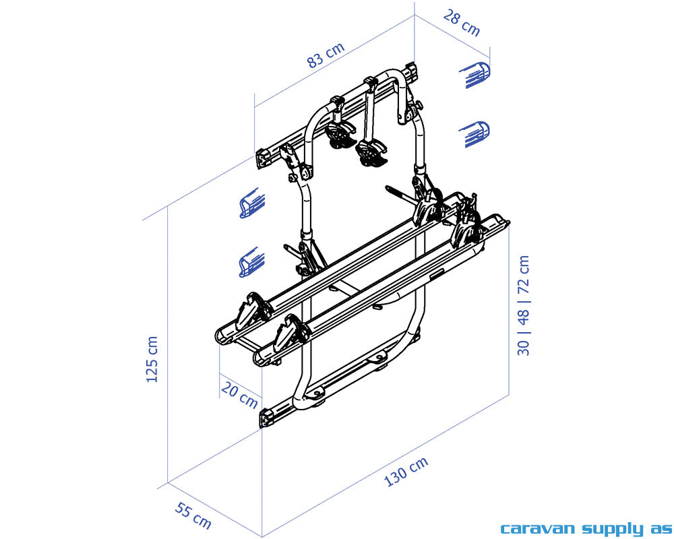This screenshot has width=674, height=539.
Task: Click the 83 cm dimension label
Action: point(326,55)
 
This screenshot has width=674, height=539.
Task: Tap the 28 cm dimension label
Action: point(461,24)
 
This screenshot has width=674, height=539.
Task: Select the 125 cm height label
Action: point(152,359)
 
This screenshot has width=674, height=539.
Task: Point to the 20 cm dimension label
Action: point(239,395)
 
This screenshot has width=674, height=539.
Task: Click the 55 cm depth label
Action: point(193,515)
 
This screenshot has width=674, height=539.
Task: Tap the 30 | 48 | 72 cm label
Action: point(523,305)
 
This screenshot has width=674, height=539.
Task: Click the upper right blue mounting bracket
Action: point(475,75)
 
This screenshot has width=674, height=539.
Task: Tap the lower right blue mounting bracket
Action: point(474,133)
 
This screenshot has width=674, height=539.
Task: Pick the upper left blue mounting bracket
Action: point(252,203)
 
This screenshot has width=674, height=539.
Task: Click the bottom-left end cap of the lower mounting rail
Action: point(266,418)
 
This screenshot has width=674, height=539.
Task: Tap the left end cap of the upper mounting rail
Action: point(264,158)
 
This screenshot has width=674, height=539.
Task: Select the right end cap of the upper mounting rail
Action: point(412,72)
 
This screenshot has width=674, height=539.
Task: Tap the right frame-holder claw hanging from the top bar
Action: point(371,152)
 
